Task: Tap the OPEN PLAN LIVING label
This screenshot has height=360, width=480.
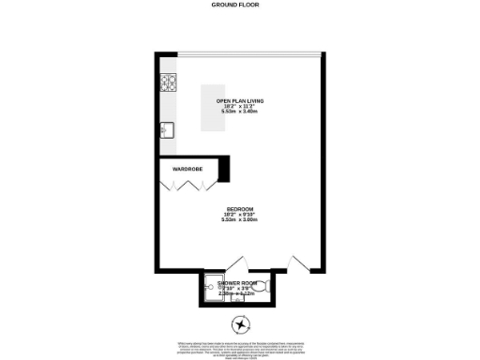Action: [x=241, y=99]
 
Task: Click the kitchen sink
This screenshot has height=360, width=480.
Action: [x=168, y=129]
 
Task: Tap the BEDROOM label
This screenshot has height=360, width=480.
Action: [x=240, y=209]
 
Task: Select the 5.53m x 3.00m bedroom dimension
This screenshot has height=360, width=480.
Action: [x=240, y=220]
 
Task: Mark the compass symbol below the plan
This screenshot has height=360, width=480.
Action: [x=243, y=325]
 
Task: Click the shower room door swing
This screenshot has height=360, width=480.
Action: [x=234, y=266]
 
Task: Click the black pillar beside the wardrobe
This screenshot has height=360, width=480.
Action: [x=226, y=168]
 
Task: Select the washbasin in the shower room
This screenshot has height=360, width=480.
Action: [x=237, y=299]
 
